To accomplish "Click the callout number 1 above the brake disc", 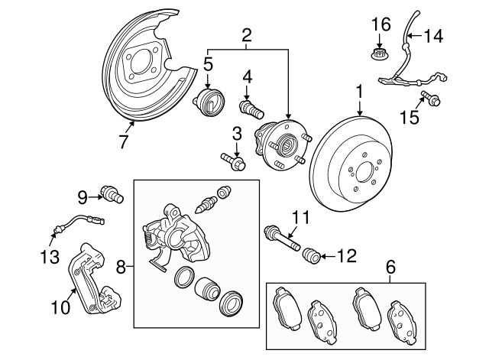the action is pos(360,92).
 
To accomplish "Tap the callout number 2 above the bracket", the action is pos(246,36).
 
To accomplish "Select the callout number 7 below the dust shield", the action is pos(124,141).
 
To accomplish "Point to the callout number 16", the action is pos(381,24).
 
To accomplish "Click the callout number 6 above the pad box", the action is pos(390,268).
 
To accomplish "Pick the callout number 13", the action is pos(50,257).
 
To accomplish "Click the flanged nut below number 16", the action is pos(379,54).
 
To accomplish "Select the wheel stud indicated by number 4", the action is pos(251,110).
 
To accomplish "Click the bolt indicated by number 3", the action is pos(234,161).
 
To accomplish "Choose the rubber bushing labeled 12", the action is pos(312,255).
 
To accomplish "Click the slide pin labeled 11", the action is pos(282,238).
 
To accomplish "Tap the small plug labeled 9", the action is pos(112,194).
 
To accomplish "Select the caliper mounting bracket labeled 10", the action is pos(93,278).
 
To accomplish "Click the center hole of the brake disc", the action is pos(364,173).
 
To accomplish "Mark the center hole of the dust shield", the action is pos(141,62).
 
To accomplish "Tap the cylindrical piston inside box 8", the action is pos(207,289).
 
